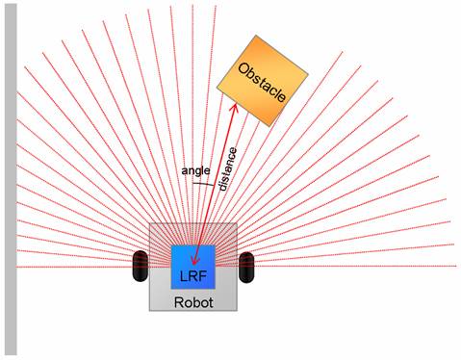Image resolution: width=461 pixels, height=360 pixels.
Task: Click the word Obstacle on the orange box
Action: [263, 85]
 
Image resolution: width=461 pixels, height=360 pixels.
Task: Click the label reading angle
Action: [195, 170]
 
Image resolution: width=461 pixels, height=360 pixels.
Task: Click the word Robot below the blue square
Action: [192, 301]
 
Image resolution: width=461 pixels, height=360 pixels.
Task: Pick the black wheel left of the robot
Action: [139, 266]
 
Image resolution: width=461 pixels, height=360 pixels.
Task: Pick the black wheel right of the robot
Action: [246, 266]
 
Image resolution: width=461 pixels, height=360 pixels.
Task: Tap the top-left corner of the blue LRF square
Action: [171, 245]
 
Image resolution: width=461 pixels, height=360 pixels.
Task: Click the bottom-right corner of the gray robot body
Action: [237, 310]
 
